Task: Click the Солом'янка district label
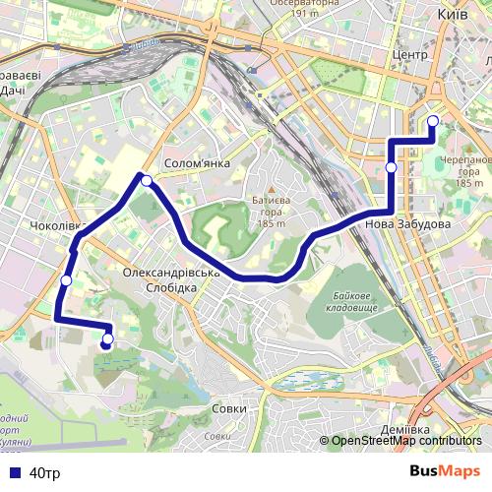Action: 197,163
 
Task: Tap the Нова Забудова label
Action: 407,224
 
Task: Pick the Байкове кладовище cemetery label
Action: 351,302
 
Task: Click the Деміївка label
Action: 406,431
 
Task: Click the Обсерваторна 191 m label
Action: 296,9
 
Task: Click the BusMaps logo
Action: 445,472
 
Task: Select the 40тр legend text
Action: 45,473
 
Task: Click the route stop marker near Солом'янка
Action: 147,180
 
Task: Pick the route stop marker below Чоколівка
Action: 66,280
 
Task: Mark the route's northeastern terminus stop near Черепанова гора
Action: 433,121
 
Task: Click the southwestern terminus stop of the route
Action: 107,340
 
